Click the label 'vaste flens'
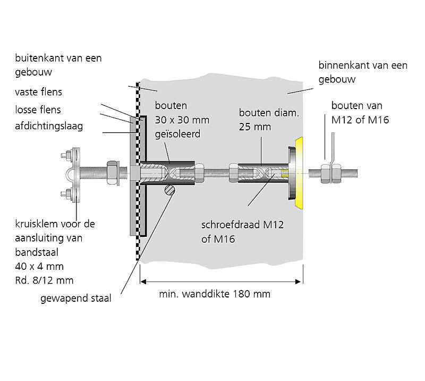point(38,92)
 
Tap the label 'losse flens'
point(38,110)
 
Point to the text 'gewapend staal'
point(76,299)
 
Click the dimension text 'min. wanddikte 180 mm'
point(215,294)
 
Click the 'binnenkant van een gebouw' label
point(363,72)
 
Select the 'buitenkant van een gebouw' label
point(58,64)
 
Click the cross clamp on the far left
point(73,175)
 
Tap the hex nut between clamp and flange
point(113,172)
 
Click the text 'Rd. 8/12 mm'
point(44,280)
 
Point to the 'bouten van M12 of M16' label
point(360,113)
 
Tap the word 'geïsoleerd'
point(177,134)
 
